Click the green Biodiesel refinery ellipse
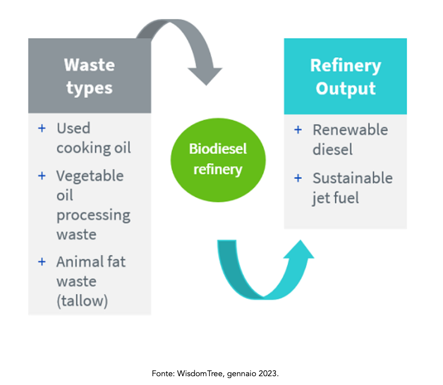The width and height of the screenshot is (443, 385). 218,159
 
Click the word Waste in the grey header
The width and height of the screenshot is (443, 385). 89,65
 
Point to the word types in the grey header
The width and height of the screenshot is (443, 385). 89,88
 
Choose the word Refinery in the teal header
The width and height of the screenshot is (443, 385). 345,66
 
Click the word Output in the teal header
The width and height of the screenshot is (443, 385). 345,89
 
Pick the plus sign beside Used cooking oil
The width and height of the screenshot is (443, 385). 42,128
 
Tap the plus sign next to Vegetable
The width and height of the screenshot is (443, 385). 42,175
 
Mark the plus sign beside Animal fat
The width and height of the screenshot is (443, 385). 42,262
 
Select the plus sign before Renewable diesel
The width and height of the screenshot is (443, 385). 298,130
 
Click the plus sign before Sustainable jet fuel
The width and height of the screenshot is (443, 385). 298,178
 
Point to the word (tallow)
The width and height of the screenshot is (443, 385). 82,300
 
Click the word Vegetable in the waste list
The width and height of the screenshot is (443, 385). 90,175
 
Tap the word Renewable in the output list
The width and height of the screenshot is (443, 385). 350,130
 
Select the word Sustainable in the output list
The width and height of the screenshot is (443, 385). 352,178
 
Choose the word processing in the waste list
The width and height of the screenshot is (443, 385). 93,216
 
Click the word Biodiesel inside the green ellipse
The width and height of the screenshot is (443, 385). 218,149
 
